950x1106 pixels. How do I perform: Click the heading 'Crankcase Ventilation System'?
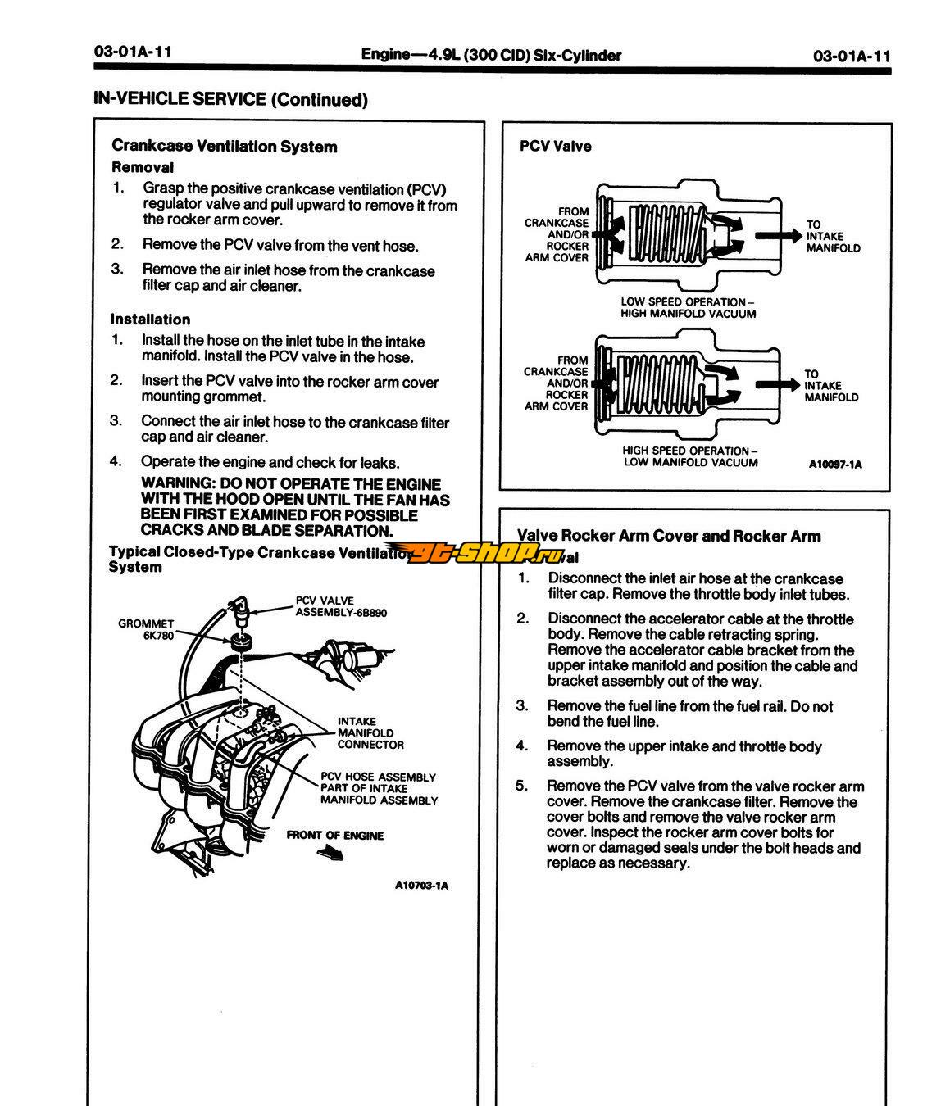pos(224,147)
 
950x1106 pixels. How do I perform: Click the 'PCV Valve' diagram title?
pos(555,147)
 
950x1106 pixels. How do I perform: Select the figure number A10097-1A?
pos(834,465)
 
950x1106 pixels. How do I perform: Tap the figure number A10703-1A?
pos(421,886)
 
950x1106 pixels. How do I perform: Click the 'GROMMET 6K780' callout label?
pos(146,629)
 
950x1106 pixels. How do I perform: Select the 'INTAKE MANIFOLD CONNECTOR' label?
pos(370,733)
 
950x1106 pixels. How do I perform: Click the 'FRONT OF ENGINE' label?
pos(334,836)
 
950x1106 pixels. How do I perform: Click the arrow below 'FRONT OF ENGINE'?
pos(329,854)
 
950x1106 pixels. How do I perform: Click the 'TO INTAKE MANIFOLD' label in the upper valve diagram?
pos(833,236)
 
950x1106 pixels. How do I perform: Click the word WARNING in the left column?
pos(173,484)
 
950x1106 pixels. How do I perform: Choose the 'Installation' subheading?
pos(150,320)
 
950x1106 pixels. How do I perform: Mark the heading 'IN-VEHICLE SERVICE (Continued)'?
pos(230,100)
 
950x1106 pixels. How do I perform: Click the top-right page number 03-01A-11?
pos(851,56)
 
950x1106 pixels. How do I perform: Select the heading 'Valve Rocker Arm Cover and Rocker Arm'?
pos(670,536)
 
